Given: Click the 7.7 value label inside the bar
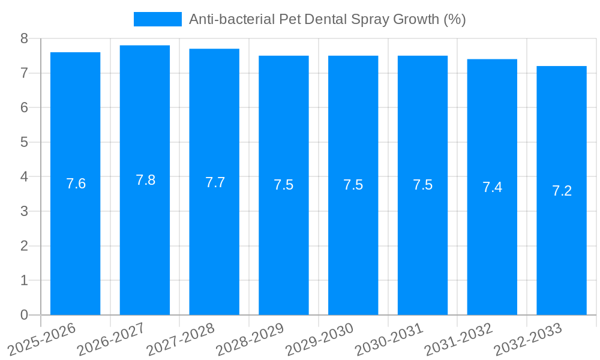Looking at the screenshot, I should pos(215,182).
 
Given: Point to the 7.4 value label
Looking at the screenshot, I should pos(492,187).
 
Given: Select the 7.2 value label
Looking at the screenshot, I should pos(562,191).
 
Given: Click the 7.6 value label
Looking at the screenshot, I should pos(76,184).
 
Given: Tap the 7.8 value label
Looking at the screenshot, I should pos(145,180).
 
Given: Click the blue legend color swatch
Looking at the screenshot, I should pos(157,19).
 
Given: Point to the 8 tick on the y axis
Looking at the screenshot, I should pos(24,38).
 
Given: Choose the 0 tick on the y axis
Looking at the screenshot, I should pos(24,315).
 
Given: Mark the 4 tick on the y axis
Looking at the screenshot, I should pos(24,177).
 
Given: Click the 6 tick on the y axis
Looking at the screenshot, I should pos(24,108).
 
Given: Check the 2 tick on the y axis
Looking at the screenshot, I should pos(24,246).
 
